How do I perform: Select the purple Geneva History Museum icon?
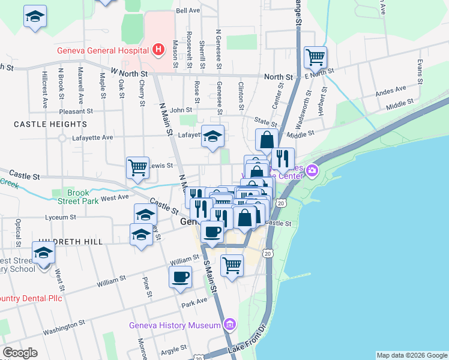pos(228,326)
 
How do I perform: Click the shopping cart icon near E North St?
pos(315,58)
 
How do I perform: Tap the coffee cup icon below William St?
pos(181,277)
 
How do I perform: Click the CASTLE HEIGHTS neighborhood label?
pos(50,124)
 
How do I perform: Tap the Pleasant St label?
pos(76,111)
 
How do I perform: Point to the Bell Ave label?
pos(188,11)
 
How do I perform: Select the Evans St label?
pos(420,72)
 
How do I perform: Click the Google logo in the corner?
pos(20,353)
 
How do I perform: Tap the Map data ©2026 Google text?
pos(412,355)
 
